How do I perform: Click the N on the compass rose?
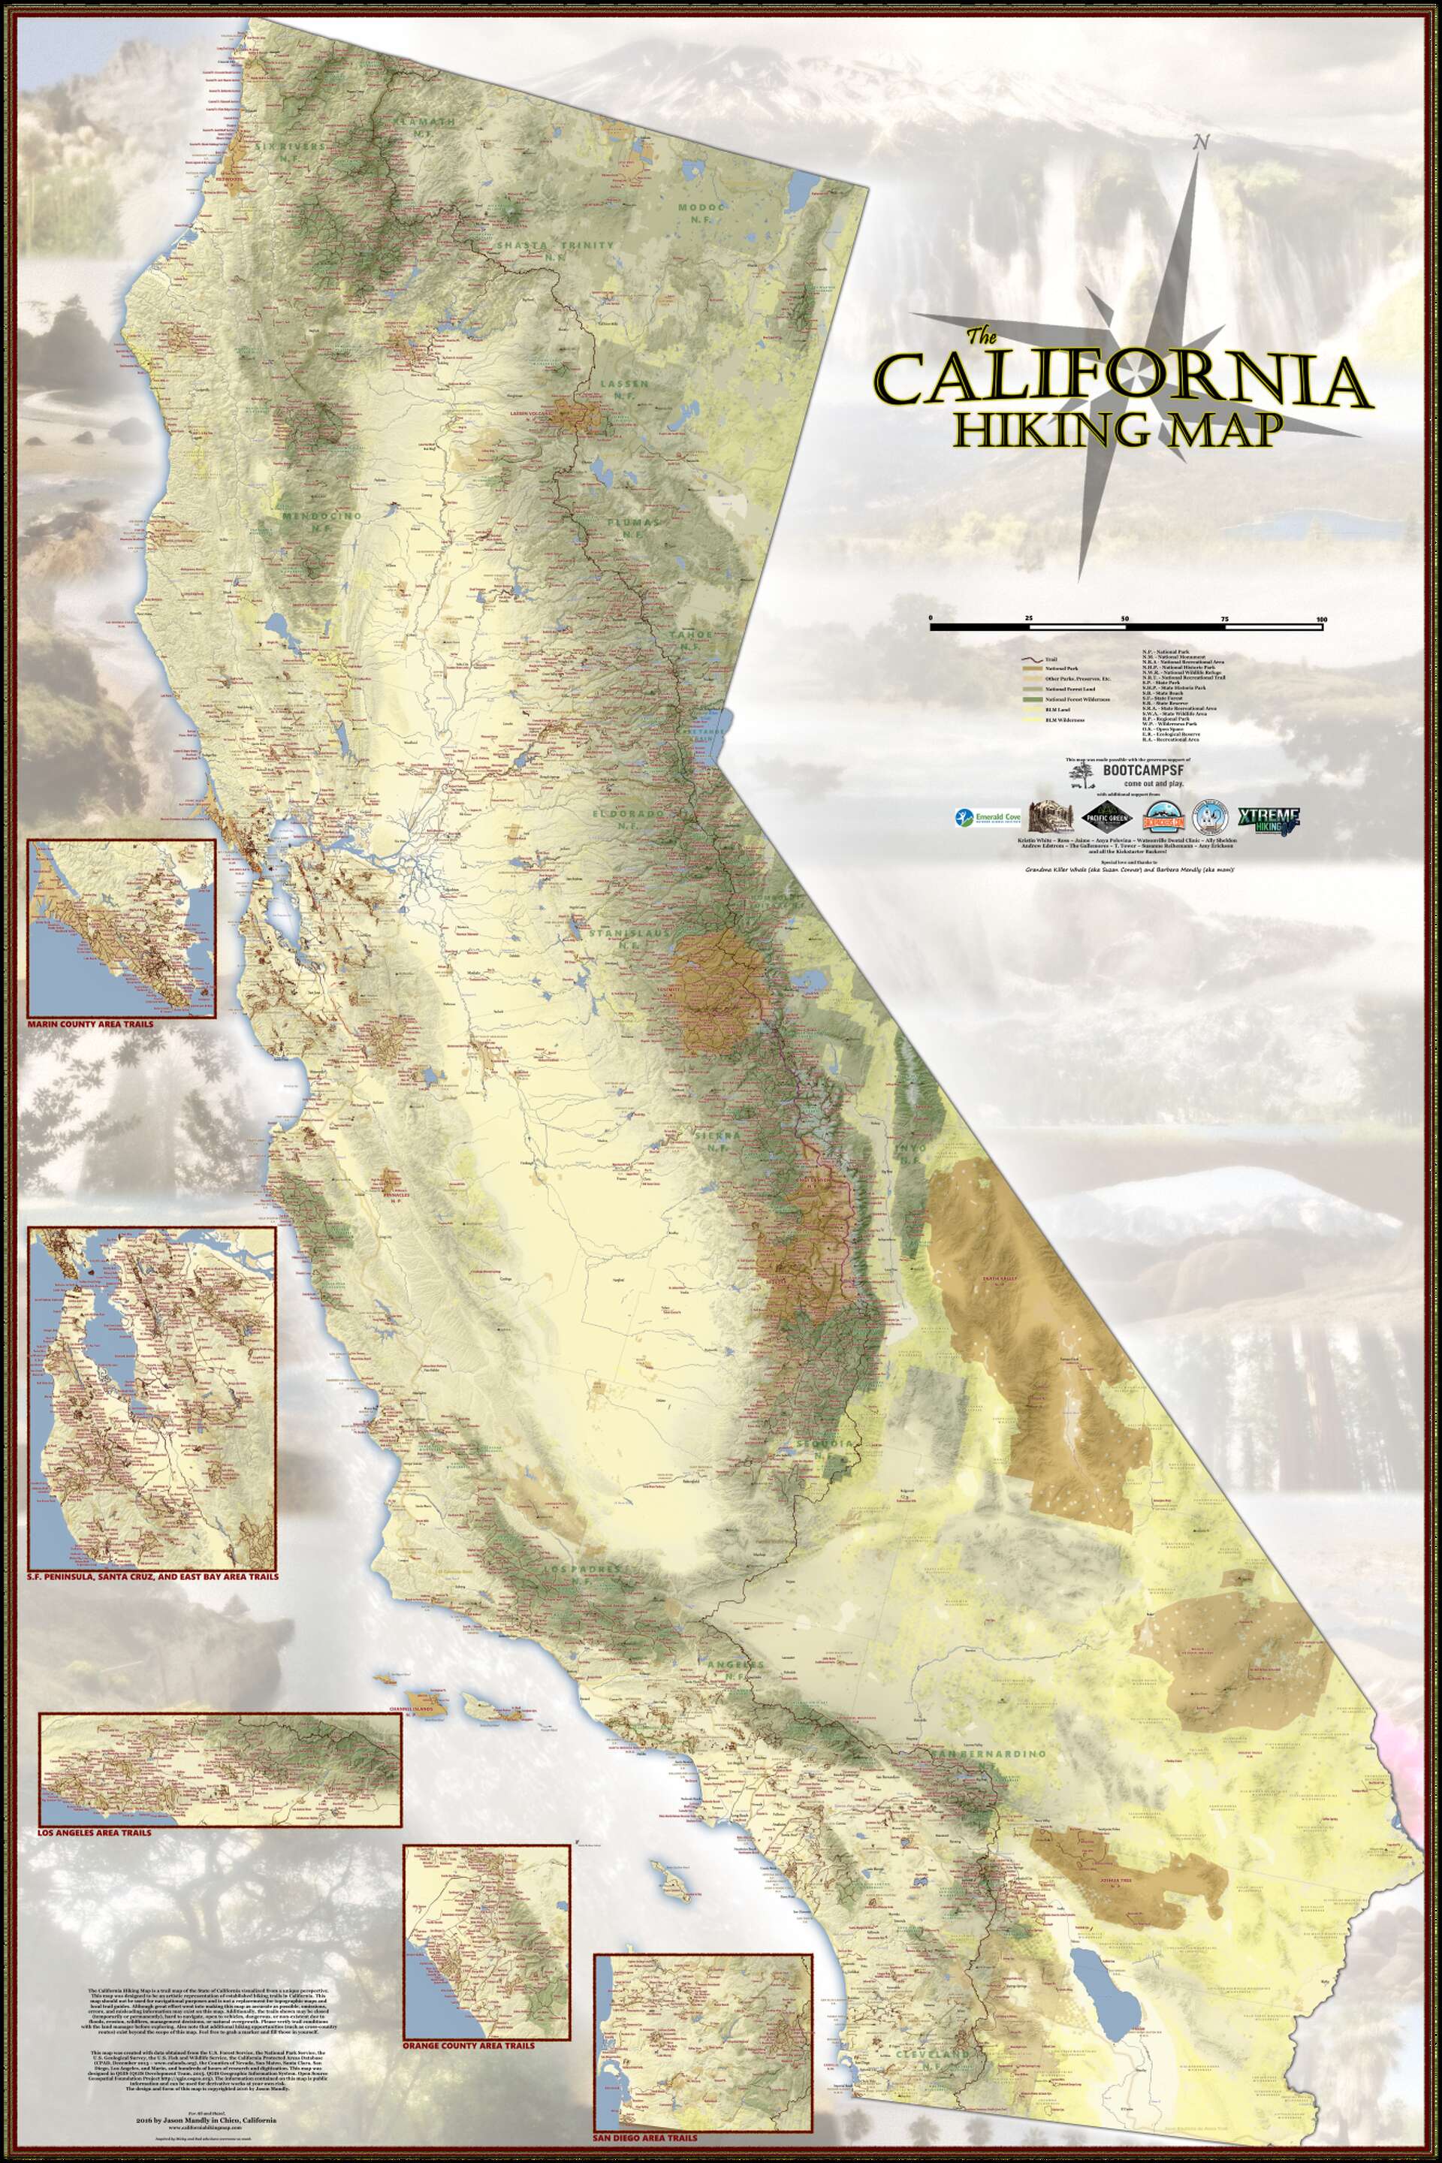point(1199,142)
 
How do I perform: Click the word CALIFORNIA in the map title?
point(1122,379)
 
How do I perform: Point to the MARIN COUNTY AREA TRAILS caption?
point(90,1023)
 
